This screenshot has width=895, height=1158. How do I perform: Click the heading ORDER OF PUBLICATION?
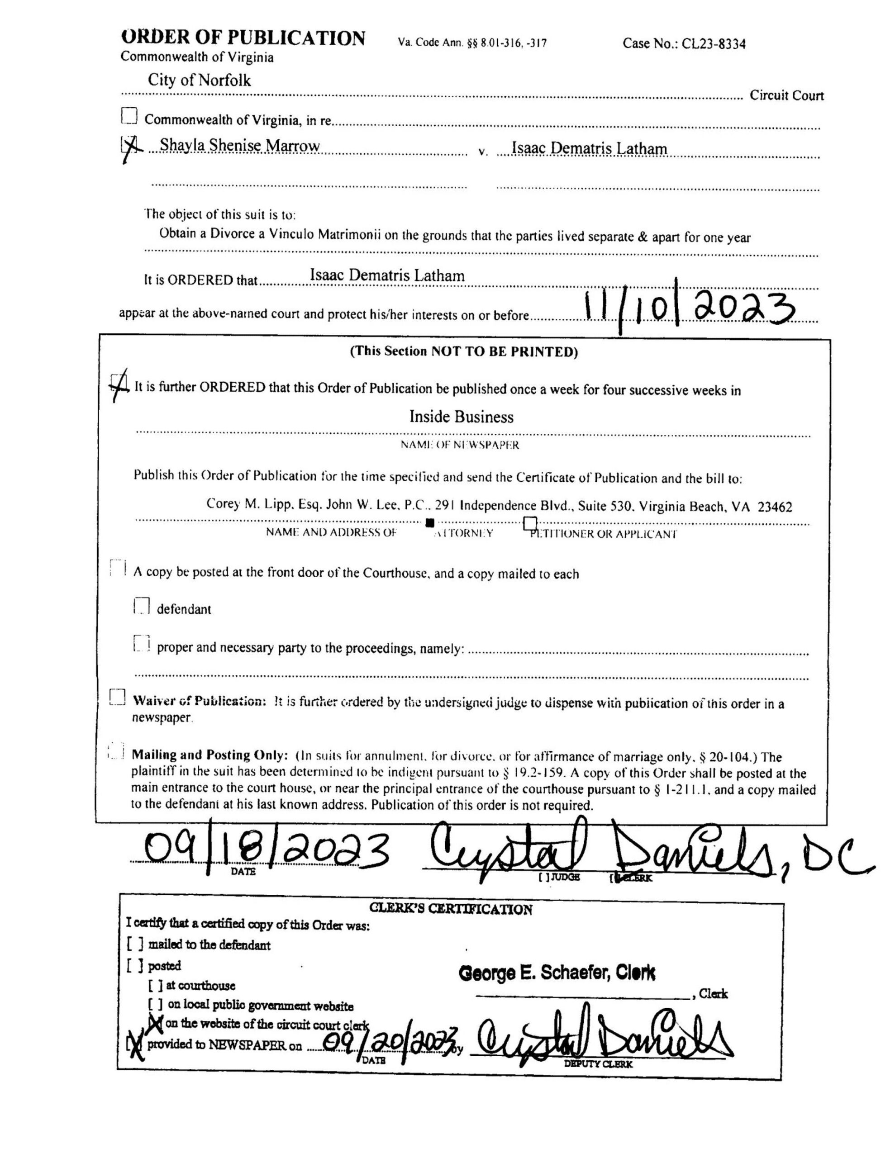click(243, 38)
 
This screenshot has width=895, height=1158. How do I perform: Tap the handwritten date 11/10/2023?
click(689, 309)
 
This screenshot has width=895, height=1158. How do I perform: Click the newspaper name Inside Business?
click(461, 417)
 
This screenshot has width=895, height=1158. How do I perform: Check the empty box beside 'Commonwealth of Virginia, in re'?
click(129, 116)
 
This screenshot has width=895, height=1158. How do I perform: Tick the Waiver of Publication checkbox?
click(117, 697)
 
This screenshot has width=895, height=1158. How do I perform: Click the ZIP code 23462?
click(775, 507)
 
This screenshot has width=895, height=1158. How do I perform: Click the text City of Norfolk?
click(199, 81)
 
